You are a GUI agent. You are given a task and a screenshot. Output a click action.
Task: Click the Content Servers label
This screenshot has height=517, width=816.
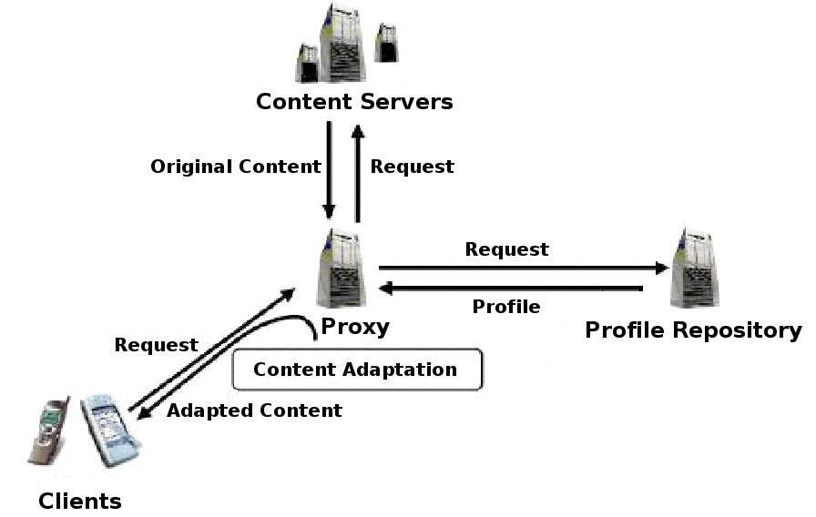click(x=354, y=101)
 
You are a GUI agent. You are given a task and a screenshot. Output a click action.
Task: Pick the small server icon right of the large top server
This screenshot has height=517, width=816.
click(x=386, y=43)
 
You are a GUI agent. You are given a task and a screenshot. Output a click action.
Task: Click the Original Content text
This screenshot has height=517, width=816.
click(x=236, y=167)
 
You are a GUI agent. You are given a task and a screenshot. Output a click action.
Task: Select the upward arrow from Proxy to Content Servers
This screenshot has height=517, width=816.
click(x=358, y=173)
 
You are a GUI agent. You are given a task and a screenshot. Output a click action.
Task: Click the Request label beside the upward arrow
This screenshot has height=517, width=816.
click(x=412, y=167)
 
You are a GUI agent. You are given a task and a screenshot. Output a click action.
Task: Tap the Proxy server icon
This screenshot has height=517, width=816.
click(x=344, y=269)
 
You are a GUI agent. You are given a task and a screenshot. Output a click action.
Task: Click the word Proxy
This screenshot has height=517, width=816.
click(x=355, y=327)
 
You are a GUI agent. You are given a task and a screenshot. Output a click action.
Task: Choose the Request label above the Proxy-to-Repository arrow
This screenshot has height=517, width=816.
click(x=506, y=248)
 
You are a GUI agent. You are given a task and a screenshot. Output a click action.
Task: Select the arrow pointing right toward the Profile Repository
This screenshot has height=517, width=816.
click(x=523, y=268)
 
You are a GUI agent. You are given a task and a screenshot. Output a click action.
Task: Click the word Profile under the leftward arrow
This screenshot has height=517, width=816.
click(x=505, y=307)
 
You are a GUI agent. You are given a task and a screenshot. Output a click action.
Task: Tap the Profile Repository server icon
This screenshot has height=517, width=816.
click(x=695, y=269)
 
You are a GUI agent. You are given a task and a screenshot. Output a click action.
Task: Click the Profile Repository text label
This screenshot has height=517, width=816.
click(x=693, y=329)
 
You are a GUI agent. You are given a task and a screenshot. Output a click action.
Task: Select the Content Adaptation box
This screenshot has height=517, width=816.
click(x=356, y=370)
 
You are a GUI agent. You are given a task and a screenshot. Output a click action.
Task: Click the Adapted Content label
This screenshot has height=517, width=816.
click(x=254, y=411)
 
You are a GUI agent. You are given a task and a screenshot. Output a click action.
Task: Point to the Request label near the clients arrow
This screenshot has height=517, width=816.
click(x=156, y=345)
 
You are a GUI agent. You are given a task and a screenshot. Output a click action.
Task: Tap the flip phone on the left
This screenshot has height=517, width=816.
click(x=52, y=432)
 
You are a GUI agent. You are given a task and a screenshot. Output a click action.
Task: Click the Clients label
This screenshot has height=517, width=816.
click(x=80, y=501)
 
